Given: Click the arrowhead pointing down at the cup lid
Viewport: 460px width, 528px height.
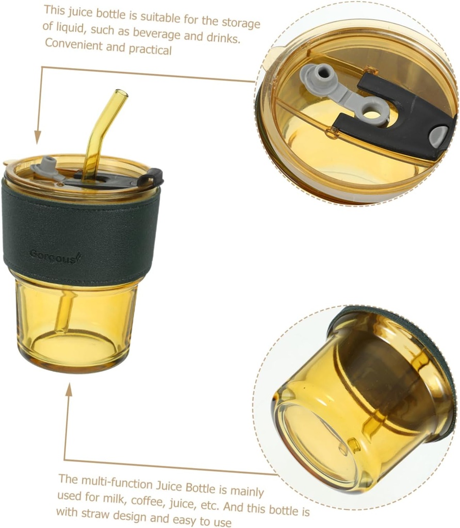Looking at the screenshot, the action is pyautogui.click(x=38, y=138).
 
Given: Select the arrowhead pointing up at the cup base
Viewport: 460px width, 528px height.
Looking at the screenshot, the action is pyautogui.click(x=69, y=390).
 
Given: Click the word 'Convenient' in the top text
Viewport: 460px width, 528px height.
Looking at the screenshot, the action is pyautogui.click(x=73, y=44).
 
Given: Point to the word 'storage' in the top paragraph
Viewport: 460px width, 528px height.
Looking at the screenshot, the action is pyautogui.click(x=241, y=23).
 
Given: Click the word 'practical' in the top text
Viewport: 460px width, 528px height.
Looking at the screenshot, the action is pyautogui.click(x=150, y=50).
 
